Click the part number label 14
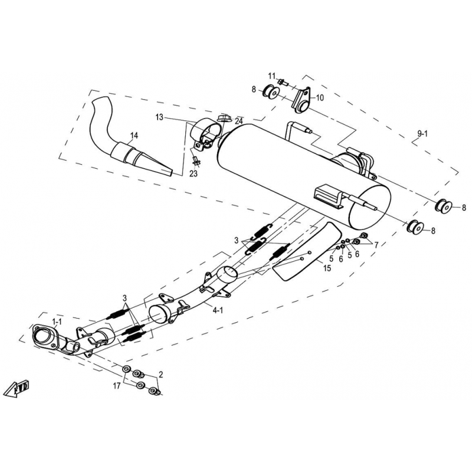134,136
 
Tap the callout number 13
159,118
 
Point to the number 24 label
238,122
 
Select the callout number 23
194,173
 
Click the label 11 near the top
271,76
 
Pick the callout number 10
320,98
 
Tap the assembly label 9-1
422,135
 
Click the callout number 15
326,267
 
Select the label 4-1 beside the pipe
218,310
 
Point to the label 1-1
57,322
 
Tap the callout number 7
376,244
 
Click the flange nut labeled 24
224,119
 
